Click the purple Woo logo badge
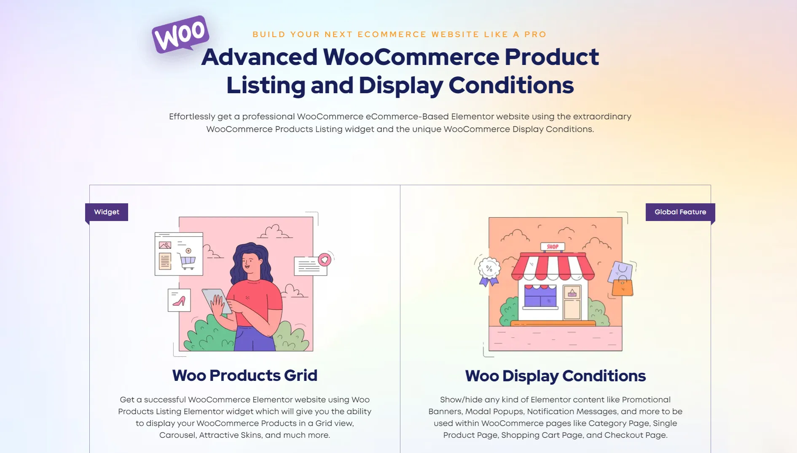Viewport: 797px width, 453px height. pos(180,34)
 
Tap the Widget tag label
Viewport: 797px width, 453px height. pos(107,212)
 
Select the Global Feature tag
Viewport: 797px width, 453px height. pos(680,212)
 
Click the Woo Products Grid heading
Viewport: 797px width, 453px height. pos(245,375)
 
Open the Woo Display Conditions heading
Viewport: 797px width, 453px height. pos(555,376)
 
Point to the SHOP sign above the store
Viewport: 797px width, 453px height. pos(553,247)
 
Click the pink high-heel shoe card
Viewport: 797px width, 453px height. pos(179,300)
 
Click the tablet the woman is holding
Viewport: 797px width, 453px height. pos(217,301)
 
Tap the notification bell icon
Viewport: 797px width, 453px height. pos(325,259)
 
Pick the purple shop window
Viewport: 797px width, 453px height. pos(540,296)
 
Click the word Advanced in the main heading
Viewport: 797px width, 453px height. pos(259,57)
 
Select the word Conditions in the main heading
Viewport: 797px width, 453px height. pos(511,85)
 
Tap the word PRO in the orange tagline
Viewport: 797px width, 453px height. pos(535,35)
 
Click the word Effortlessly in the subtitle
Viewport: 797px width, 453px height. pos(192,117)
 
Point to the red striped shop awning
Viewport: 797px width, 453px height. pos(553,267)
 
